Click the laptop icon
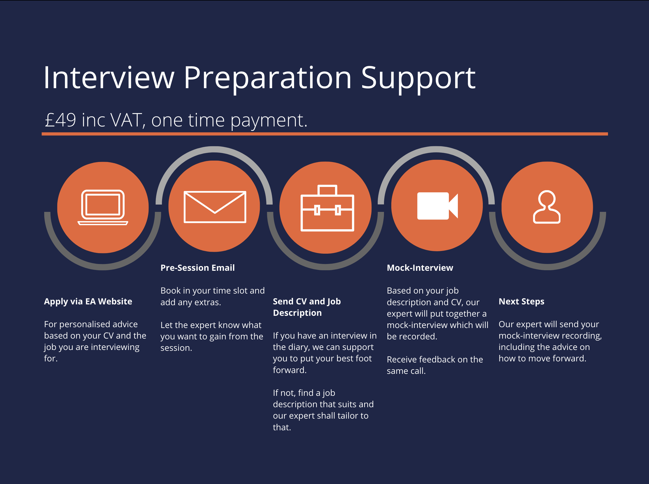(103, 208)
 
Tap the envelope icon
(215, 207)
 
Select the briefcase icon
(327, 208)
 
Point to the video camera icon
(437, 206)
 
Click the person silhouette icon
(547, 207)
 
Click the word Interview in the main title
(109, 78)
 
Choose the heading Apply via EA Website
(88, 301)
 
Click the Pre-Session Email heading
(197, 268)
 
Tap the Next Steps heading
(521, 301)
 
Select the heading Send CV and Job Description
(307, 307)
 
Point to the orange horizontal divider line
(325, 134)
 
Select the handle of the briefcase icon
(327, 190)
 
